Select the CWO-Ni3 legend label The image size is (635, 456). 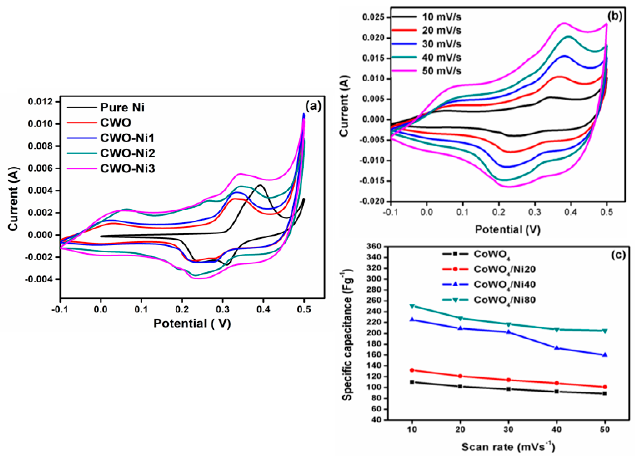coord(127,169)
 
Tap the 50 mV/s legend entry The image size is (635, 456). coord(441,71)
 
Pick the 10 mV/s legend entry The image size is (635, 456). coord(441,17)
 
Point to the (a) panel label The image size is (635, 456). coord(313,107)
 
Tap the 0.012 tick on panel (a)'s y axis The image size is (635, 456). coord(40,102)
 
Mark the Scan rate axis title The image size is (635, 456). coord(508,447)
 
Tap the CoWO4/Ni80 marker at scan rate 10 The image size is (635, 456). coord(412,306)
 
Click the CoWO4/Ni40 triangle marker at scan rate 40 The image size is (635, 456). coord(557,348)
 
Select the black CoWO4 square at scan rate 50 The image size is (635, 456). coord(605,393)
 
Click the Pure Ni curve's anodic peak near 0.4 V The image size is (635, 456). coord(260,185)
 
